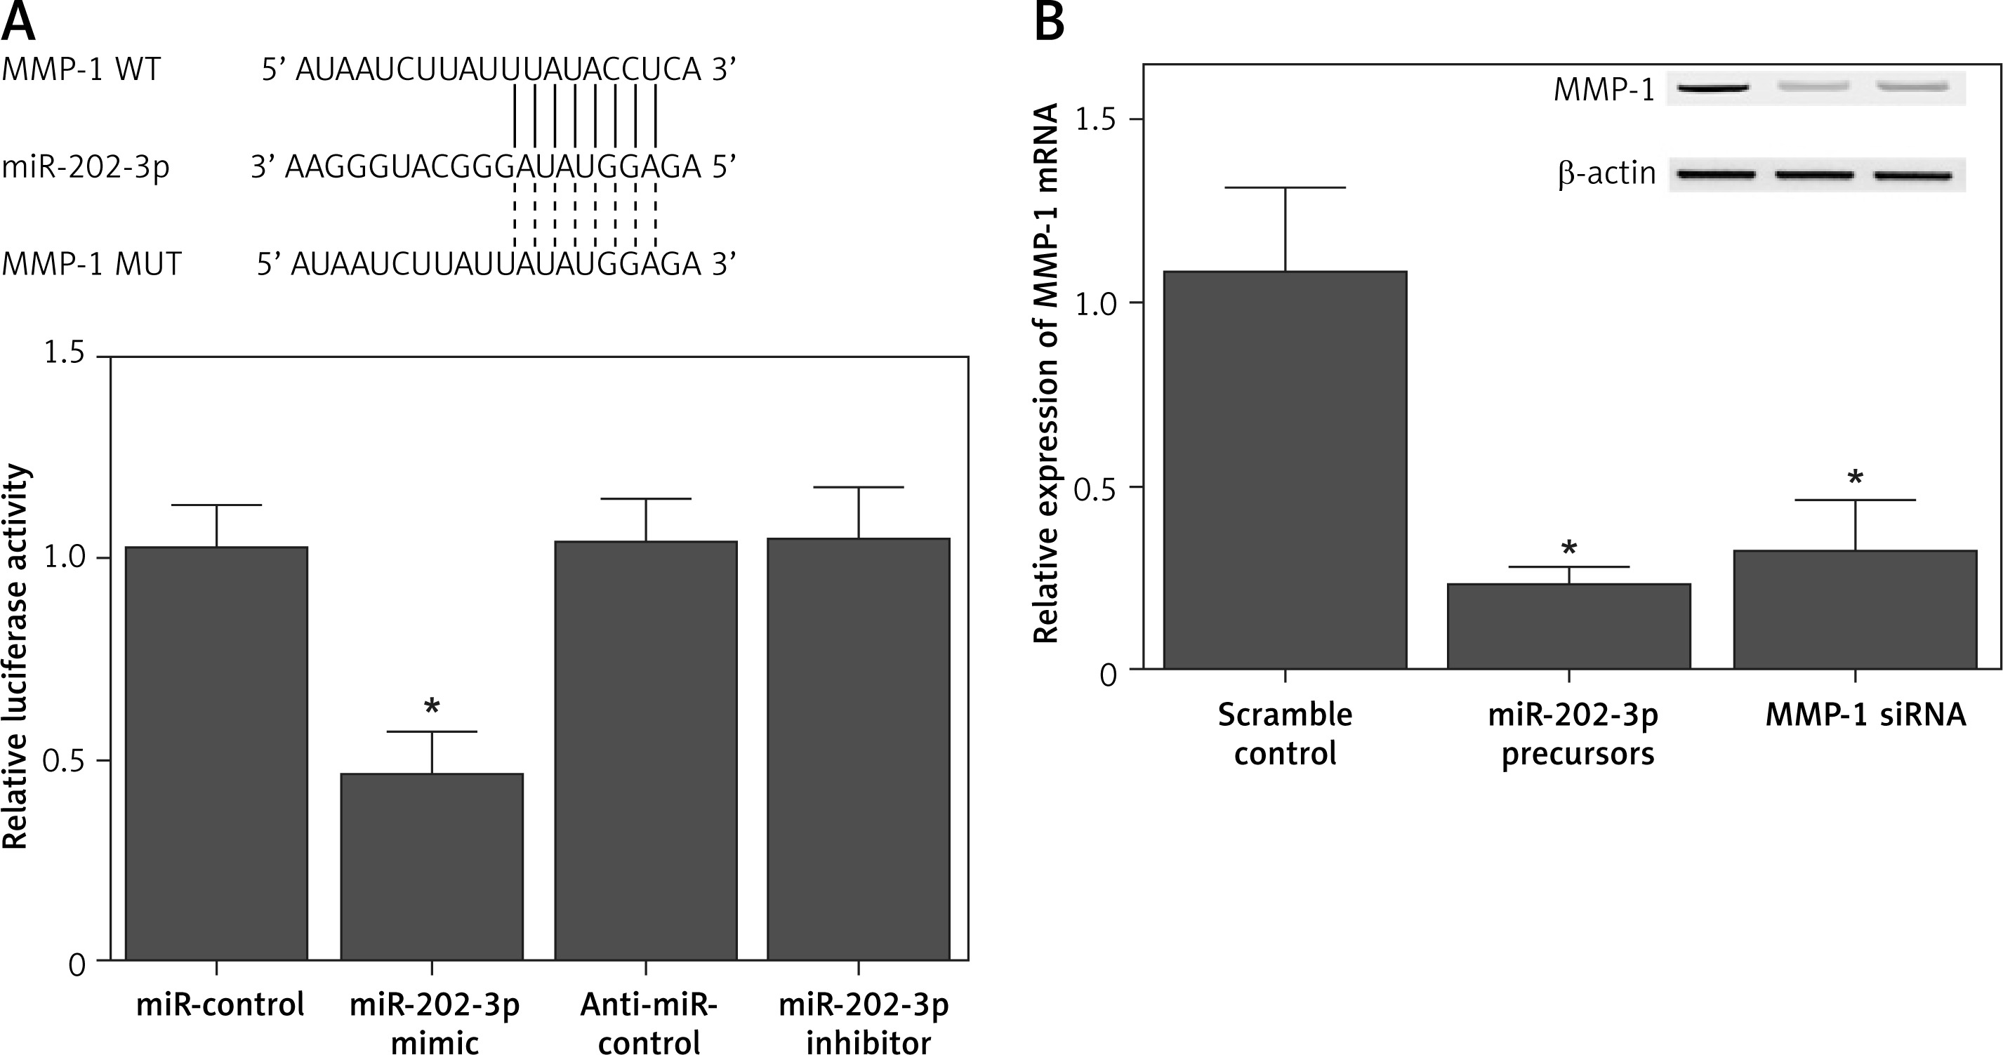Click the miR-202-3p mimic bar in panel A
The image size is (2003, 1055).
click(432, 866)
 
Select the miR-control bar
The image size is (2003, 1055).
click(216, 753)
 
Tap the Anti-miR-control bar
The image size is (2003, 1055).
click(645, 750)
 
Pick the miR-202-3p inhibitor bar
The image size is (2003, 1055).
click(859, 749)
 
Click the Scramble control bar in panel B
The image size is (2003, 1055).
click(1285, 470)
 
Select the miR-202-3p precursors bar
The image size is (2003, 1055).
click(1568, 626)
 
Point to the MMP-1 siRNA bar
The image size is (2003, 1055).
click(1856, 609)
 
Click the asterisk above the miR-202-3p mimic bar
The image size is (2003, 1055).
click(432, 706)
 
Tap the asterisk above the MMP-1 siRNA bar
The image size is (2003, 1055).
click(1856, 477)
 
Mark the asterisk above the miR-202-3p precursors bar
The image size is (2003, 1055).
click(1569, 548)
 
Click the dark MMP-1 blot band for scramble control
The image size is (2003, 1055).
click(1713, 87)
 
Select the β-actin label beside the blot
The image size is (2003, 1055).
click(1606, 173)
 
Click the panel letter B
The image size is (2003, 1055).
click(1050, 21)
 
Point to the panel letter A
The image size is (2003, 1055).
click(19, 21)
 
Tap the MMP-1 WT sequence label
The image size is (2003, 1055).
click(81, 69)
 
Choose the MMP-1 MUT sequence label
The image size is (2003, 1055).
click(91, 265)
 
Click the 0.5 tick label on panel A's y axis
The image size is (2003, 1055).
click(64, 760)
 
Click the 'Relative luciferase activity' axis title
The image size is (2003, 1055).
click(15, 657)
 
